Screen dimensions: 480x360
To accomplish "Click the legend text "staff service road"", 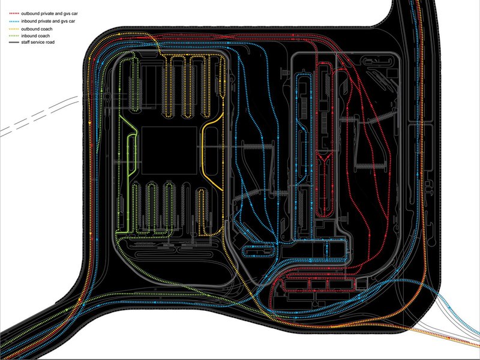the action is [x=38, y=42].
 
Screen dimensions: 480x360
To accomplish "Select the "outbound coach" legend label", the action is [x=37, y=29].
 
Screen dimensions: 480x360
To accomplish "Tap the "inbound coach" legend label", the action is [x=35, y=36].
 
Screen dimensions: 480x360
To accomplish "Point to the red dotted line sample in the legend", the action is [x=14, y=14].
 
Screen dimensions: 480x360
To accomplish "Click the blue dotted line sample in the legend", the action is [x=14, y=22].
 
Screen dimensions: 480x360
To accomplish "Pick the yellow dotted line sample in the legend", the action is [x=14, y=29].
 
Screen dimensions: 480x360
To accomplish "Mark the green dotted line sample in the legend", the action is [x=14, y=36].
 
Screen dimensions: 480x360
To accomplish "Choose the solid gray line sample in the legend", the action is [x=14, y=42].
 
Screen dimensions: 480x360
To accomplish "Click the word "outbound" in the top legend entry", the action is [x=30, y=14].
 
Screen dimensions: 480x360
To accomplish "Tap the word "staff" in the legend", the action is [x=25, y=42].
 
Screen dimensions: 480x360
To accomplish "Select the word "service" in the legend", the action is [x=38, y=42].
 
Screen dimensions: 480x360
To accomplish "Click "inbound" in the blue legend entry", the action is [x=29, y=22].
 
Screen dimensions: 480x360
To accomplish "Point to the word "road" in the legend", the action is [x=50, y=42].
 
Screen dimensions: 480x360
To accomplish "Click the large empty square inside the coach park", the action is [x=169, y=151].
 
